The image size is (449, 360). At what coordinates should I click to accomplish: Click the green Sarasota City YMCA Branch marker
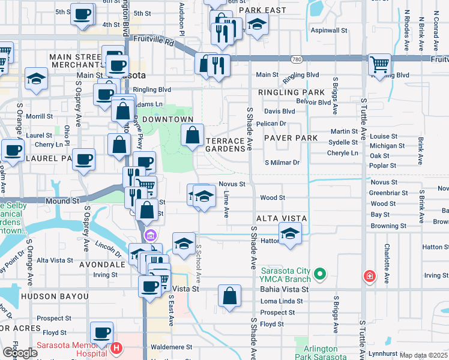click(320, 275)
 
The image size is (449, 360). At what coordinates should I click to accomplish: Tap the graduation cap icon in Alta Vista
click(290, 233)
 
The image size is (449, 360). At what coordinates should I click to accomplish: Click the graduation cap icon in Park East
click(257, 25)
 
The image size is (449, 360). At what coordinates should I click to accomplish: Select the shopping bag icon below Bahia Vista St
click(229, 295)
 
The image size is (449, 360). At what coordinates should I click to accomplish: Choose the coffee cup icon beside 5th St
click(82, 13)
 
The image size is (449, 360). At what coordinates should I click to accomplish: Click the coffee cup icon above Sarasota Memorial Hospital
click(101, 332)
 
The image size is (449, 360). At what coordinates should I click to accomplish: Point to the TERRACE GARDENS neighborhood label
click(225, 145)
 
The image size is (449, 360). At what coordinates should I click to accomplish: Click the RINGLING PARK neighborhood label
click(291, 93)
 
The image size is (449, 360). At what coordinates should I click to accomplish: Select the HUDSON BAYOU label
click(55, 296)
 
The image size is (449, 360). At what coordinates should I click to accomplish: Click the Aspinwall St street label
click(329, 30)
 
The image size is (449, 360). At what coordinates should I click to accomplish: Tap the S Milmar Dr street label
click(282, 163)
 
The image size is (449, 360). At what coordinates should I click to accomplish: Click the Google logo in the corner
click(19, 353)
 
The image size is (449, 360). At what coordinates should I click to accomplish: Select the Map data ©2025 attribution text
click(423, 355)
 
